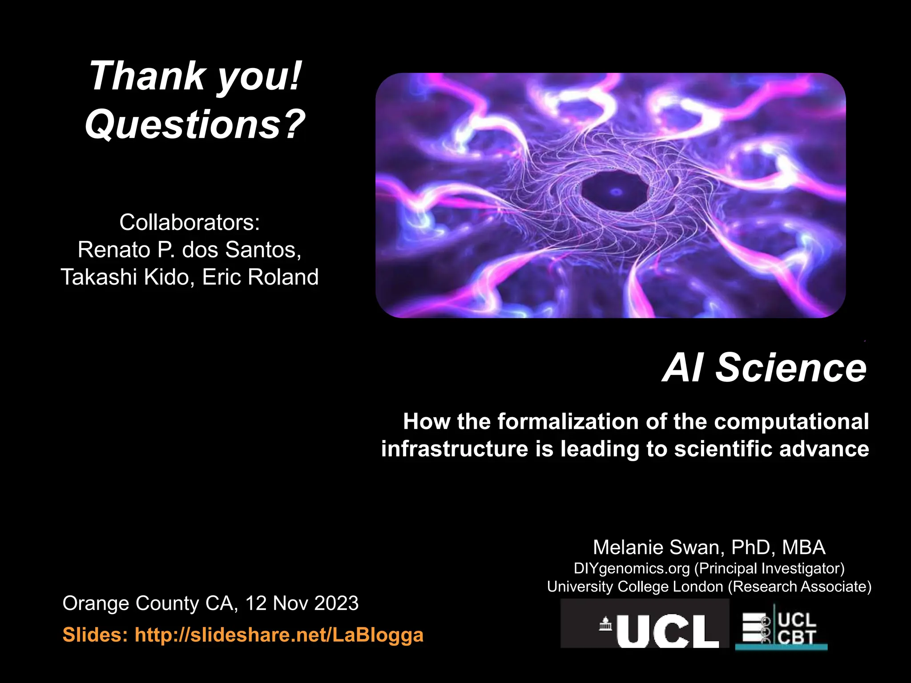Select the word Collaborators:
(189, 222)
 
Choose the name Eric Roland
(260, 277)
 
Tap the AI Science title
(764, 368)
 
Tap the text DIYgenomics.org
(632, 568)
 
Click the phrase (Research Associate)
(799, 587)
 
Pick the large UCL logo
(645, 624)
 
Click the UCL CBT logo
(781, 627)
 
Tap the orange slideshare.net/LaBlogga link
(278, 635)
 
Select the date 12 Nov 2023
(302, 603)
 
